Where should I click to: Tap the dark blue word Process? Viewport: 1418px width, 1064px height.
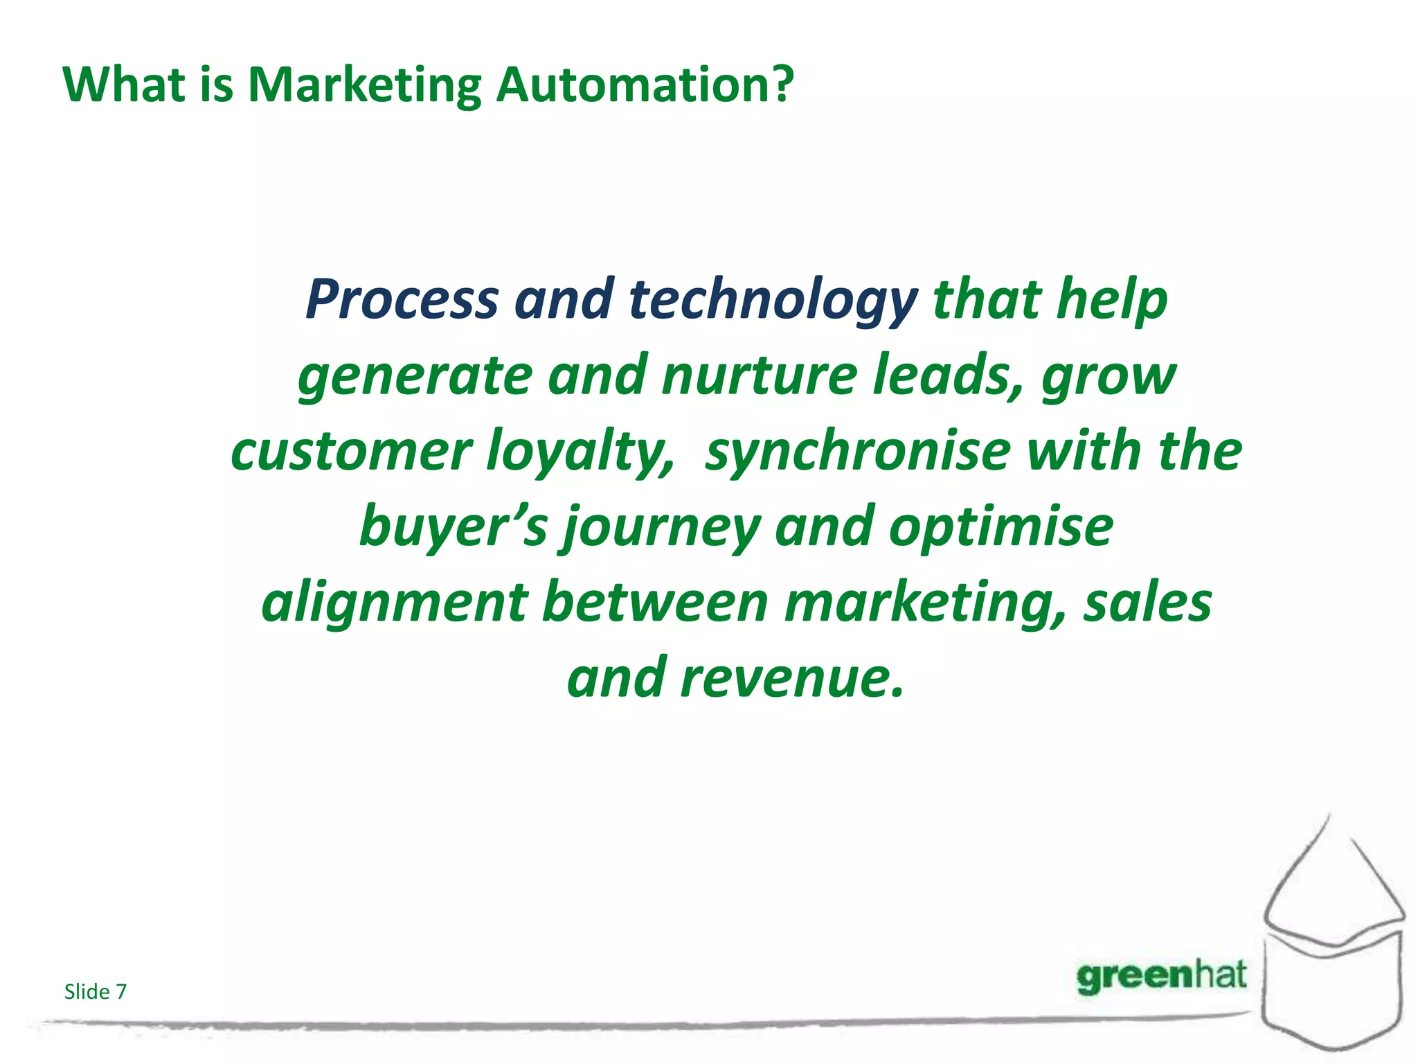pyautogui.click(x=402, y=300)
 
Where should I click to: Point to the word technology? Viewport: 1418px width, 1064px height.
pyautogui.click(x=773, y=300)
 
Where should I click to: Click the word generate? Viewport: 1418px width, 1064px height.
pyautogui.click(x=415, y=376)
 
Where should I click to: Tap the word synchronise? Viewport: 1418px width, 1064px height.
pyautogui.click(x=858, y=451)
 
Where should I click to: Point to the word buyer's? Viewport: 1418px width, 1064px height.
pyautogui.click(x=454, y=527)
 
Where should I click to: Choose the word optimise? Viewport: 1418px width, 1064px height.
pyautogui.click(x=1001, y=527)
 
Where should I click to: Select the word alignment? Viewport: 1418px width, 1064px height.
pyautogui.click(x=395, y=603)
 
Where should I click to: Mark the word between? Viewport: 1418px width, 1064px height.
pyautogui.click(x=655, y=602)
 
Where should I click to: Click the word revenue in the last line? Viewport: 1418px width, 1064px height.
pyautogui.click(x=792, y=678)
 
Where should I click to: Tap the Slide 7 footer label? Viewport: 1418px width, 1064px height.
pyautogui.click(x=96, y=992)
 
